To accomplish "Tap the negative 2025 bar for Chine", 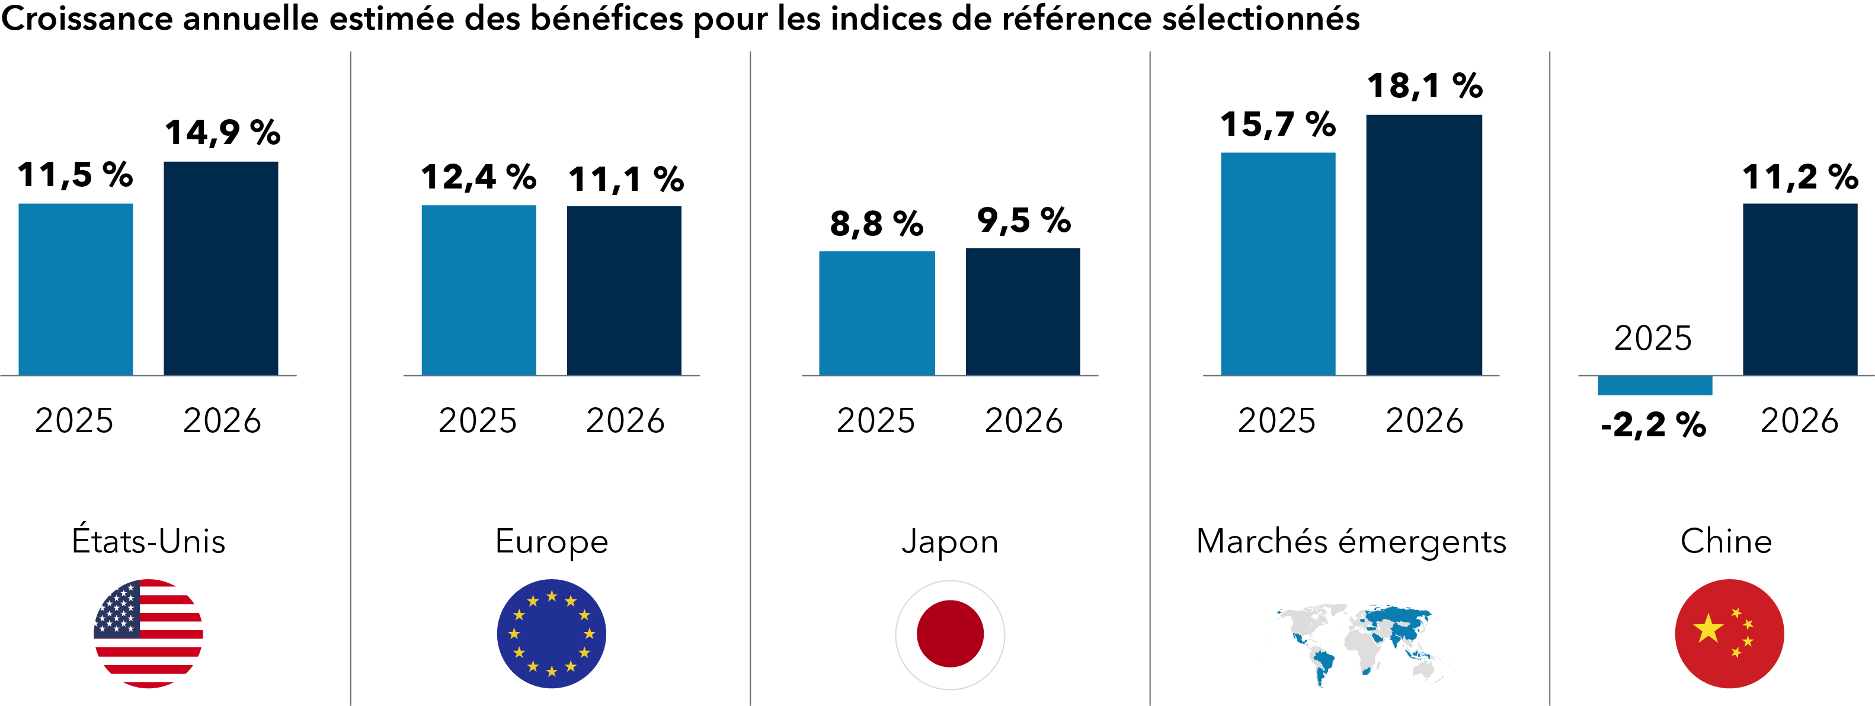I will pos(1654,385).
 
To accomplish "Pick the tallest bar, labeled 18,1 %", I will pos(1423,245).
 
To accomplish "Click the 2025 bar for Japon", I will pos(876,313).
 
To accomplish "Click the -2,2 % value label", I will pos(1653,425).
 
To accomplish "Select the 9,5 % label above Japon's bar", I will pos(1023,221).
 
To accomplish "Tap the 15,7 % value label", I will pos(1278,124).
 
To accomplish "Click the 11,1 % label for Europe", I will pos(625,180).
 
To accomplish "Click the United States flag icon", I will pos(149,633).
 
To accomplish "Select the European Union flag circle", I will pos(551,633).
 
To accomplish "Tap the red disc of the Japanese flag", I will pos(949,633).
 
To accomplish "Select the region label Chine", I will pos(1725,542).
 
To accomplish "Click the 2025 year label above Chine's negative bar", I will pos(1652,338).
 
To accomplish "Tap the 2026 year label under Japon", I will pos(1023,421).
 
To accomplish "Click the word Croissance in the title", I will pos(87,18).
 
